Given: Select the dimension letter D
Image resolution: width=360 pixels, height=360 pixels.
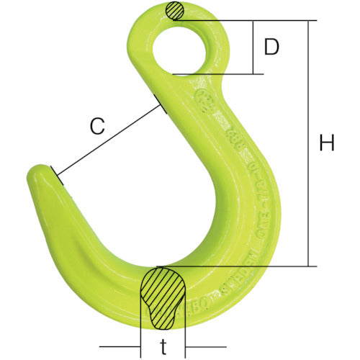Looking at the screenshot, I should coord(271,48).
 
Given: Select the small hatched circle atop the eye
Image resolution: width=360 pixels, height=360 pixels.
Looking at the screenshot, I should coord(174,11).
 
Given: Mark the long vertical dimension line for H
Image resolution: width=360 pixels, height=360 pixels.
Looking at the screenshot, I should coord(310,143).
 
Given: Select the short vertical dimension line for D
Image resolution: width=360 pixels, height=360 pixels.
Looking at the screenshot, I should coord(253,48).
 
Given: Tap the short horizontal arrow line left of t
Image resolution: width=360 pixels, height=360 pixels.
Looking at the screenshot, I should coord(125,343).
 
